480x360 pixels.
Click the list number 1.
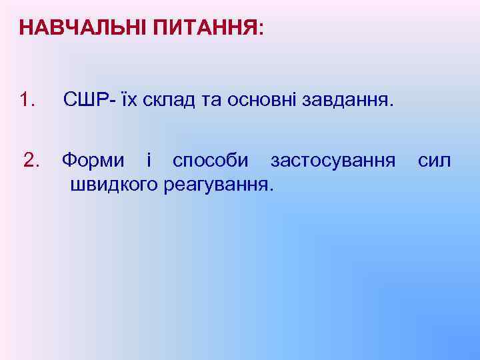click(x=27, y=101)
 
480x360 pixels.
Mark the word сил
click(x=434, y=161)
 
